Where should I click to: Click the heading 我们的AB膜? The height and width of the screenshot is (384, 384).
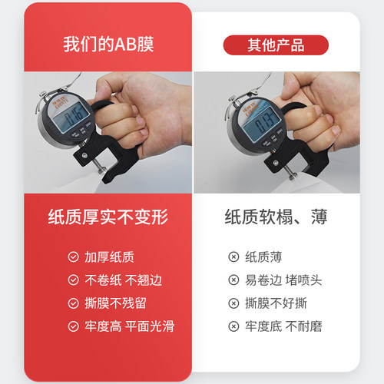pos(108,44)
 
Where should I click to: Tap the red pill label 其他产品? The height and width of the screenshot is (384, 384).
pos(275,45)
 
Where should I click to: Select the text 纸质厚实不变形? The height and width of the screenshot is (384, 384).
pos(108,217)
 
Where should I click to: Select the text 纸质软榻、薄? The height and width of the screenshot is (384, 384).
pos(275,217)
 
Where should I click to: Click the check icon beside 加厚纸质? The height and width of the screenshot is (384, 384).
pos(73,257)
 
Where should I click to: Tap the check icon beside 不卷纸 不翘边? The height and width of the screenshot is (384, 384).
pos(73,280)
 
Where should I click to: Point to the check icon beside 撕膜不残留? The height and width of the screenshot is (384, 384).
pos(73,303)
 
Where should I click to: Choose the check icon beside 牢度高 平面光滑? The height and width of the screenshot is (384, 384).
pos(73,326)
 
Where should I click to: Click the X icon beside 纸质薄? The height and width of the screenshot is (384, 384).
pos(233,257)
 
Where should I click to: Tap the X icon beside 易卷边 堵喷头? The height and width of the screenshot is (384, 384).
pos(233,280)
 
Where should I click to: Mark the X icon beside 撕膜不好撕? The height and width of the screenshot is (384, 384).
pos(233,303)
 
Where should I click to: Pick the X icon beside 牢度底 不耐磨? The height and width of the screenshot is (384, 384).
pos(233,326)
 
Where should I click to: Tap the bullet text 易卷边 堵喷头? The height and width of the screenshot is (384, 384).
pos(283,280)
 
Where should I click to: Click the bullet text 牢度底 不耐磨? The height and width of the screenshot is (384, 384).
pos(283,326)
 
